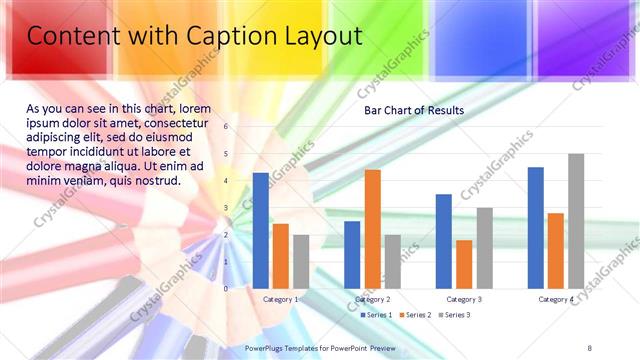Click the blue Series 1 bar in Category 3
pyautogui.click(x=443, y=240)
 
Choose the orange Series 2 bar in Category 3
pyautogui.click(x=464, y=263)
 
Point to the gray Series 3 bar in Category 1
pyautogui.click(x=301, y=261)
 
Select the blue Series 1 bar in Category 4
pyautogui.click(x=535, y=227)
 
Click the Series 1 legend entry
pyautogui.click(x=376, y=315)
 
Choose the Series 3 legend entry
pyautogui.click(x=457, y=315)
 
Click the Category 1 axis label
pyautogui.click(x=280, y=299)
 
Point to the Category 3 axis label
pyautogui.click(x=464, y=299)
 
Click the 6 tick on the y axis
pyautogui.click(x=226, y=127)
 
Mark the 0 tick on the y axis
pyautogui.click(x=226, y=288)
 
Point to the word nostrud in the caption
pyautogui.click(x=155, y=181)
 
